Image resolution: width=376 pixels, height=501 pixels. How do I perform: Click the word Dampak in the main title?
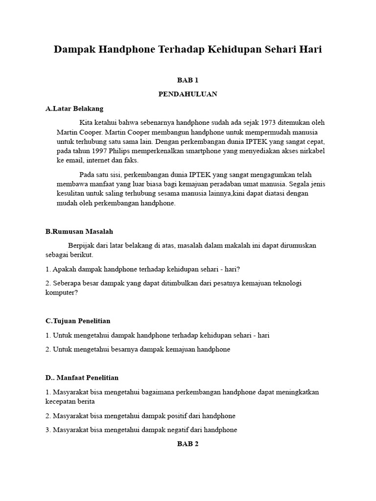pos(74,49)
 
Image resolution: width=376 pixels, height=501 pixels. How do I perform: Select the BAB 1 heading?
pos(188,80)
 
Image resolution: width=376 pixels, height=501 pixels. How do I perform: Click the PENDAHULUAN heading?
pos(188,94)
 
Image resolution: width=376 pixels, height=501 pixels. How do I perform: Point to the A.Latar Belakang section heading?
pos(74,109)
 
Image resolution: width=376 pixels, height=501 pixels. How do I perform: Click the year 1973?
pos(270,122)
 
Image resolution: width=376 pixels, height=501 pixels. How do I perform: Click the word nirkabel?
pos(312,151)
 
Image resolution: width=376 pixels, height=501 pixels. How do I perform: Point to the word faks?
pos(130,160)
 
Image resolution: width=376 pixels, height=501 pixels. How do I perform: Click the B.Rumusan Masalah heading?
pos(79,231)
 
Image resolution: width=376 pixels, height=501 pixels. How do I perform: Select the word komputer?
pos(62,293)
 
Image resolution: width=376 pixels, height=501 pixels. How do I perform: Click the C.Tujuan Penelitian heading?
pos(78,321)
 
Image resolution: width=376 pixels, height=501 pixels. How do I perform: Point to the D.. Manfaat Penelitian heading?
pos(82,378)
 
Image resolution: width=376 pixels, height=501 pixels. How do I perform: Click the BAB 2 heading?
pos(188,444)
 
